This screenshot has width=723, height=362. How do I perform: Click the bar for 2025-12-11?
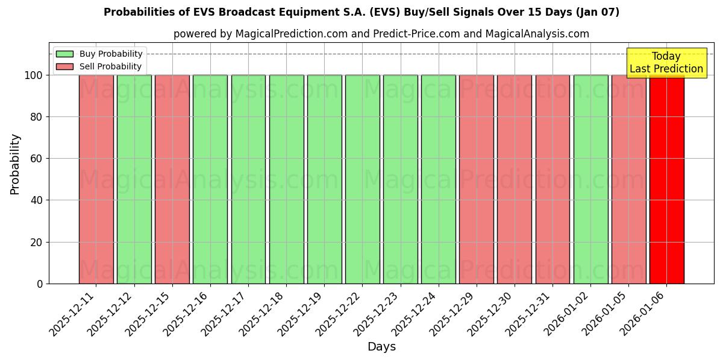pyautogui.click(x=96, y=179)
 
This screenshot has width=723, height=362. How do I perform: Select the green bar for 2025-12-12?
pyautogui.click(x=134, y=179)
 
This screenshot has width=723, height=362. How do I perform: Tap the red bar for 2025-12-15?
pyautogui.click(x=172, y=179)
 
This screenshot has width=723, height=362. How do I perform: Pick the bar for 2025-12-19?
pyautogui.click(x=324, y=179)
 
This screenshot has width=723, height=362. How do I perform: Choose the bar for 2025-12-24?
pyautogui.click(x=439, y=179)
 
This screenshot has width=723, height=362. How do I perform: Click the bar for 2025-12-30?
pyautogui.click(x=515, y=179)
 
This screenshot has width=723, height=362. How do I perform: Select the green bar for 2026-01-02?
pyautogui.click(x=590, y=179)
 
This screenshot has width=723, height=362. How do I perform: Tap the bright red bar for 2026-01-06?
pyautogui.click(x=666, y=179)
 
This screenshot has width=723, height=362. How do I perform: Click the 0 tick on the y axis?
pyautogui.click(x=40, y=284)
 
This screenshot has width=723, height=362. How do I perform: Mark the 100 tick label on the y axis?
pyautogui.click(x=33, y=75)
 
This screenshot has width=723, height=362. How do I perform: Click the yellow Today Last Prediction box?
pyautogui.click(x=666, y=63)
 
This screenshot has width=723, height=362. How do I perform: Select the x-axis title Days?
pyautogui.click(x=381, y=347)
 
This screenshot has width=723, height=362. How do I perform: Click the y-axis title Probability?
pyautogui.click(x=15, y=164)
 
